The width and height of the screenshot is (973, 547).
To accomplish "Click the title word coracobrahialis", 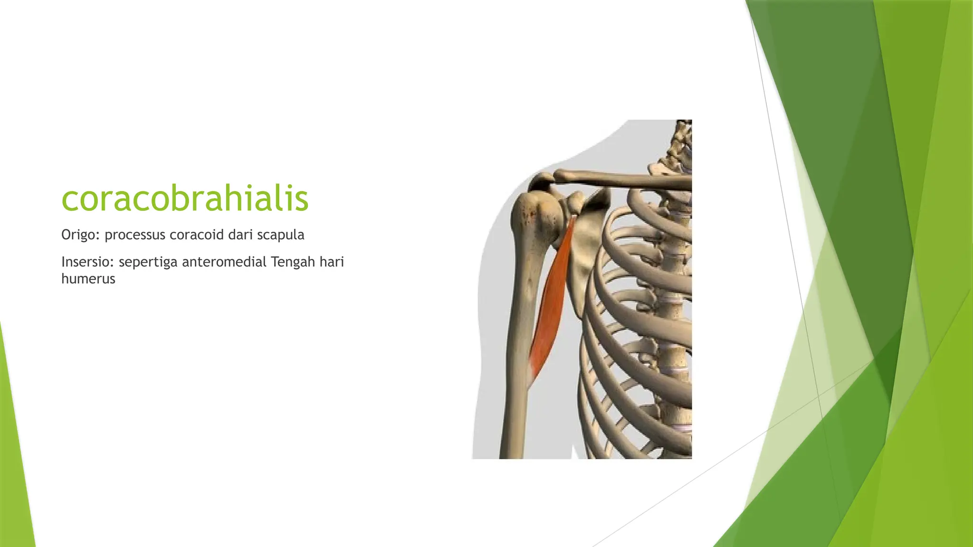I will point(185,198).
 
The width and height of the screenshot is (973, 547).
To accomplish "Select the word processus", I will point(135,235).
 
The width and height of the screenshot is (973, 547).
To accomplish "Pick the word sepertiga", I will point(148,262).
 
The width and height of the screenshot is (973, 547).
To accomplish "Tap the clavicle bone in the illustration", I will point(618,180).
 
